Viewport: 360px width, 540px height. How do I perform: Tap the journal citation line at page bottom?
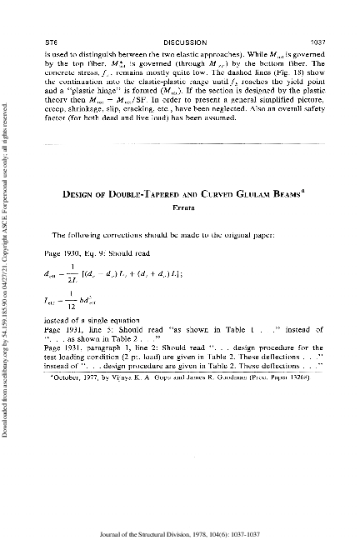[x=181, y=522]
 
